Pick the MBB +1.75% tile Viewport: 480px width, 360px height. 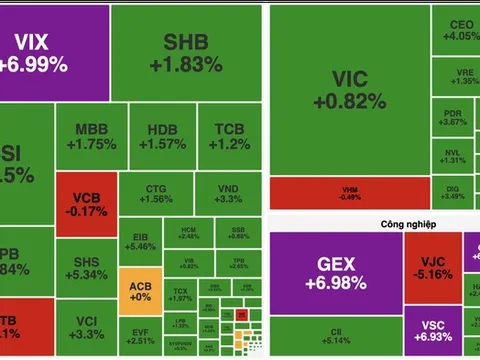[x=96, y=137]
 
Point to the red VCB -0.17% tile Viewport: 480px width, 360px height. [x=86, y=197]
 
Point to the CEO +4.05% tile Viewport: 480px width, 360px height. [x=459, y=30]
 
